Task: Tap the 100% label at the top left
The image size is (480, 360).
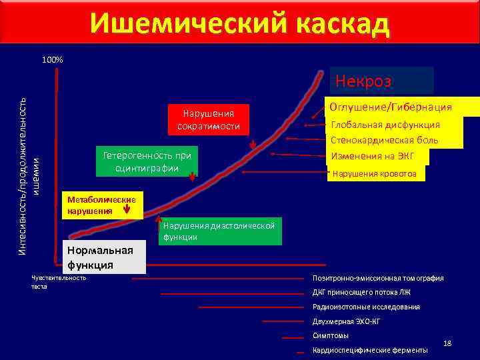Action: pyautogui.click(x=52, y=60)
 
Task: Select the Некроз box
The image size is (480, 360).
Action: pyautogui.click(x=381, y=81)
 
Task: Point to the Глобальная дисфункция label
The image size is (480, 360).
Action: pyautogui.click(x=385, y=125)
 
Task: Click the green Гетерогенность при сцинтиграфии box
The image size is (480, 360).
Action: pyautogui.click(x=147, y=161)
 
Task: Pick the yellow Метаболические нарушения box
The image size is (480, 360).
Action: pyautogui.click(x=101, y=205)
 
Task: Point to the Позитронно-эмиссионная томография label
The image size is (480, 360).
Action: pyautogui.click(x=378, y=278)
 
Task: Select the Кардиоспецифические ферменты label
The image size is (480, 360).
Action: pyautogui.click(x=370, y=351)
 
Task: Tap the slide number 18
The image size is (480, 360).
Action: pyautogui.click(x=447, y=343)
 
